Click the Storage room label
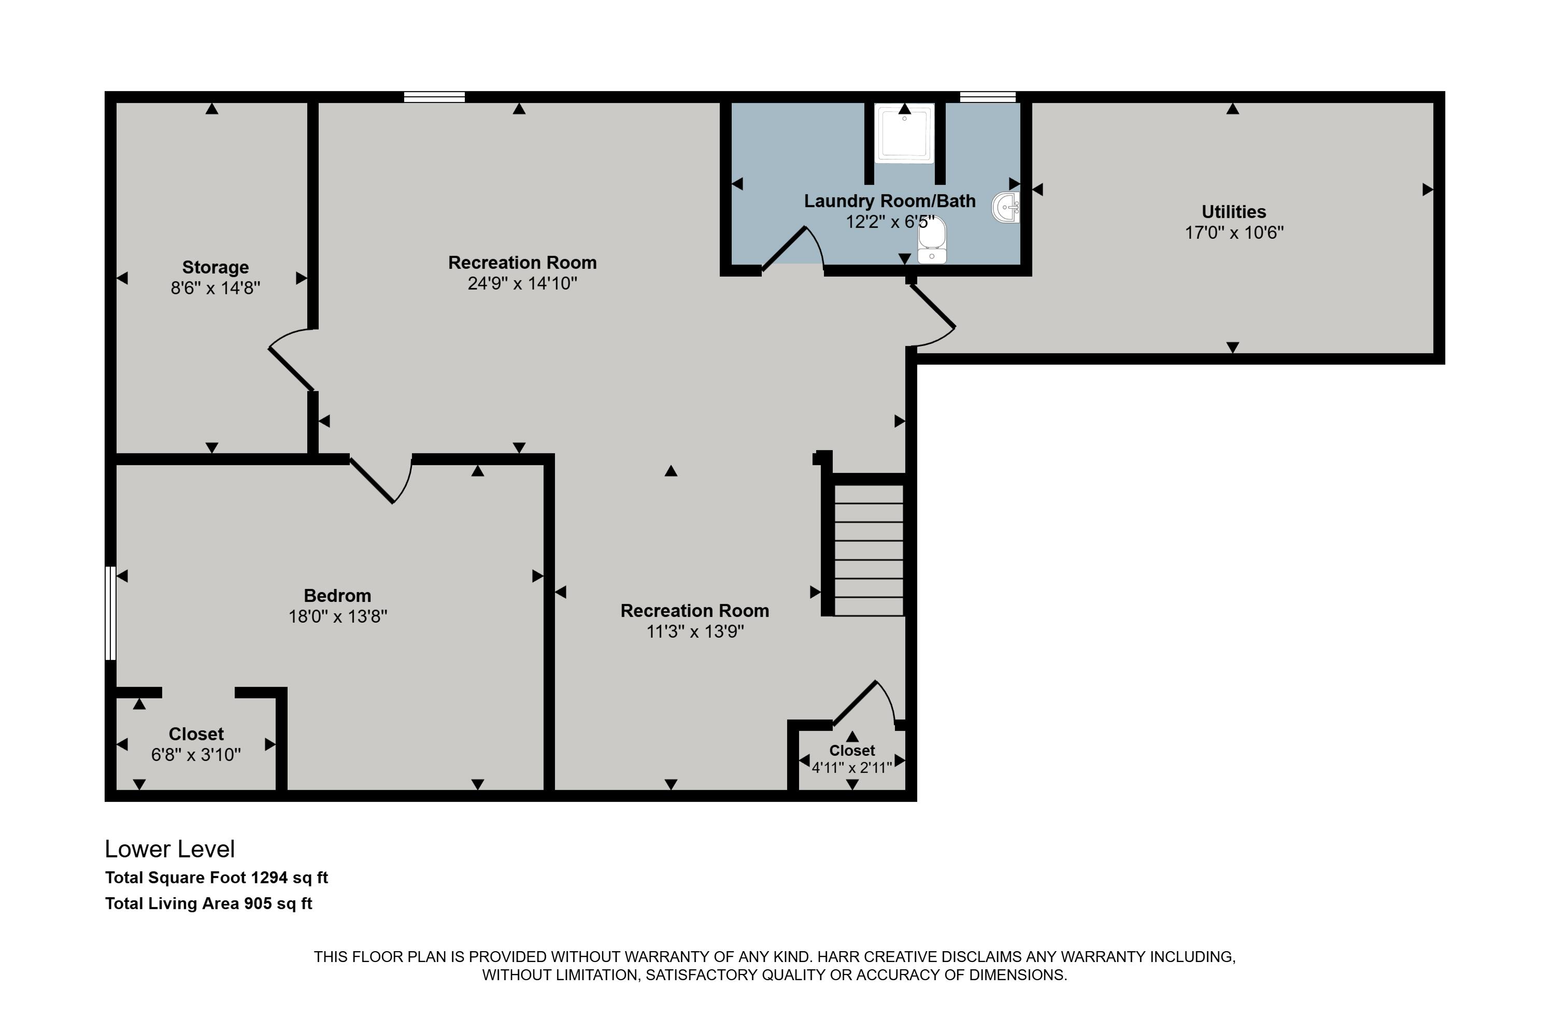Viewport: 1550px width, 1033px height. [x=216, y=267]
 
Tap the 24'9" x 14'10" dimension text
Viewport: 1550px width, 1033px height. [x=522, y=284]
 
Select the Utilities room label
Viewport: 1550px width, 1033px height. [x=1234, y=212]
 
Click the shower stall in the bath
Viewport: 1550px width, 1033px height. [x=904, y=134]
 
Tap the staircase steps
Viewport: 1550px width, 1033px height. [x=869, y=551]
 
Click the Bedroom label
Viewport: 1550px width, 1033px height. [x=337, y=596]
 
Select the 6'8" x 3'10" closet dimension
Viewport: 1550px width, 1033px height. [x=196, y=755]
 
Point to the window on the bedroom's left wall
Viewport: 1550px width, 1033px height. [x=111, y=613]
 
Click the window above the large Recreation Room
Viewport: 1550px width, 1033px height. [x=434, y=97]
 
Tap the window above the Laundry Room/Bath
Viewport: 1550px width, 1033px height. [x=987, y=97]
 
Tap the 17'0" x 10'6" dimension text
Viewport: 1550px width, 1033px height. [x=1234, y=233]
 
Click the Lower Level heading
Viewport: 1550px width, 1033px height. [x=169, y=850]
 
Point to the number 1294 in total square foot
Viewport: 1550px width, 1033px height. [x=269, y=878]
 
